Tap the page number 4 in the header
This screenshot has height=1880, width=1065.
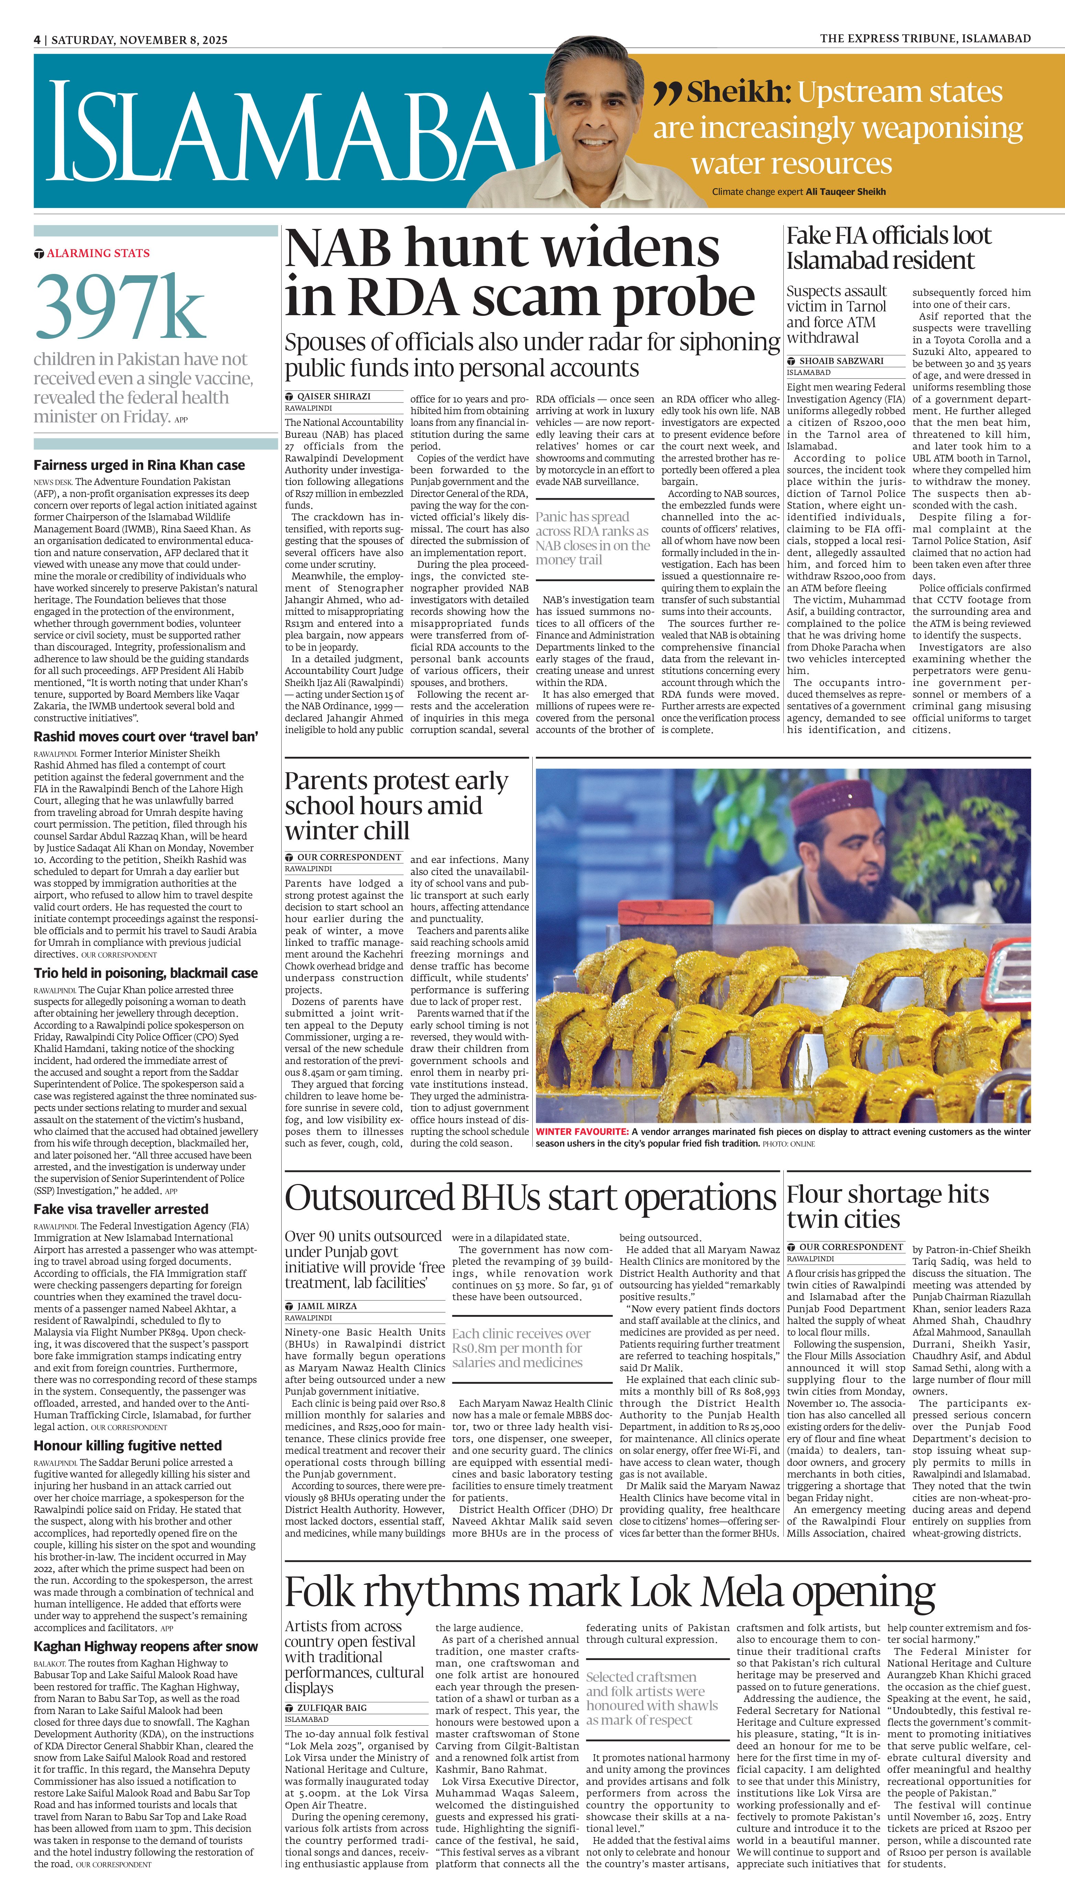36,40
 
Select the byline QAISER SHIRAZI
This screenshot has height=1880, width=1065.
333,396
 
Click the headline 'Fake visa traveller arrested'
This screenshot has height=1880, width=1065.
121,1209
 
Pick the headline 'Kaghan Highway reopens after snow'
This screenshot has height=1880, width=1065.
146,1646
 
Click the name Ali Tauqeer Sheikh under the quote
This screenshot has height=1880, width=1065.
846,192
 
